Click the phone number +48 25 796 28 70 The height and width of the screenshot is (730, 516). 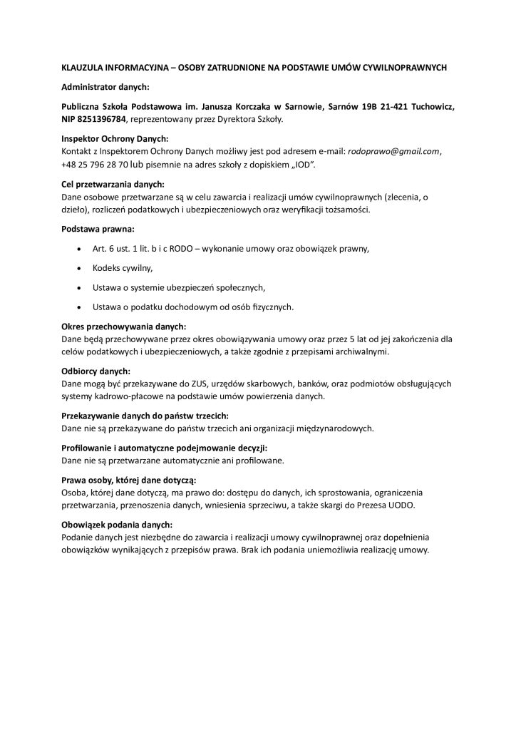95,165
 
